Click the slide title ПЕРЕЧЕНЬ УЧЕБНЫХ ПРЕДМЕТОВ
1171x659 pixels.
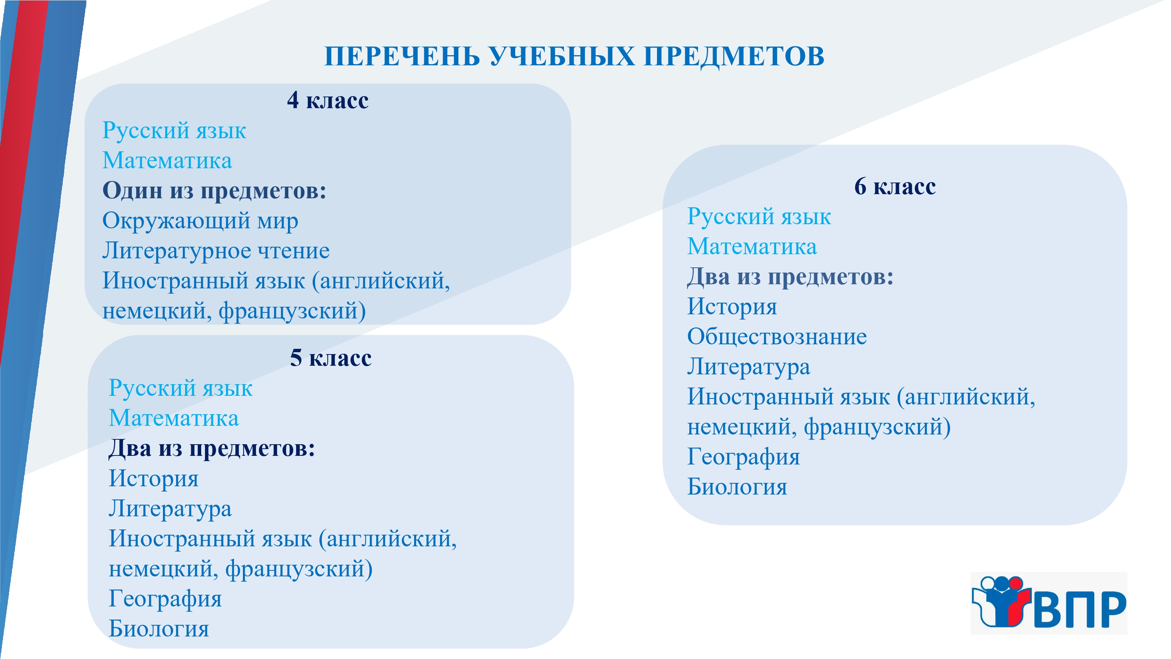pos(574,57)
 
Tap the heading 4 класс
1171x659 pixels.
pos(328,100)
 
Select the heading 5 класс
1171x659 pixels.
pos(331,358)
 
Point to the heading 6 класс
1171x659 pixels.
pos(895,187)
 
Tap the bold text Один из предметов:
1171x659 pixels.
pos(214,190)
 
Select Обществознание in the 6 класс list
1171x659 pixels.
pos(777,336)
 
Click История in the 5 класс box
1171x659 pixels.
pos(154,479)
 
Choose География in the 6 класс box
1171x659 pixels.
pos(743,457)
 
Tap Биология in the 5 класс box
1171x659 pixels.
pos(159,629)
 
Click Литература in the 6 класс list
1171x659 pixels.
pos(749,367)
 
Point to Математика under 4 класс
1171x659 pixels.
pos(167,161)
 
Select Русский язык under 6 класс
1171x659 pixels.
pos(759,217)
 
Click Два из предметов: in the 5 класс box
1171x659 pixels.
pos(212,448)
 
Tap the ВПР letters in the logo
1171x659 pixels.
pos(1080,609)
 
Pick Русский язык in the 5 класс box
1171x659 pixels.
pos(181,388)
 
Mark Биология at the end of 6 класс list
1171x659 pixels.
pos(737,487)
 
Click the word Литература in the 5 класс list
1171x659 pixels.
pos(170,509)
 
